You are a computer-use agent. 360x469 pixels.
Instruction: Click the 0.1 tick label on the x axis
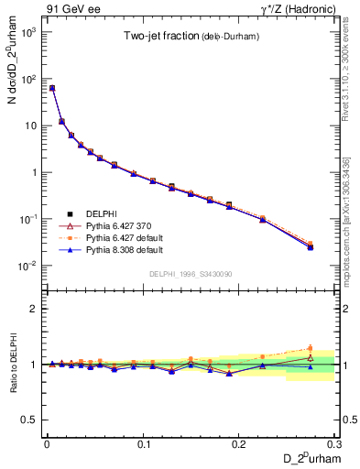[143, 443]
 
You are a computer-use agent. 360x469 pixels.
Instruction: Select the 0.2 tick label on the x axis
[239, 443]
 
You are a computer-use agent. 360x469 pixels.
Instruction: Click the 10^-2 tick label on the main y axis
[28, 267]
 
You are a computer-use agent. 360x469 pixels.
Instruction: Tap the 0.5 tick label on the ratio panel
[29, 420]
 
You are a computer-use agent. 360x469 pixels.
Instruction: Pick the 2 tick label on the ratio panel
[35, 309]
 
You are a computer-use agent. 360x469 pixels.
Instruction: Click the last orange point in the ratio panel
[310, 348]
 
